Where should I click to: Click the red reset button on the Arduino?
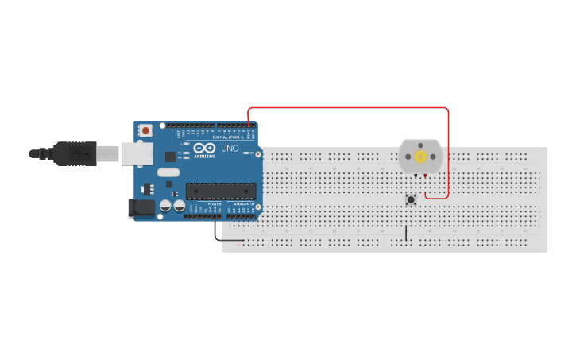145,130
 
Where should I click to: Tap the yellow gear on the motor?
420,157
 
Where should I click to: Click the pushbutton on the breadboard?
411,199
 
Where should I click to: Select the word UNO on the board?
230,148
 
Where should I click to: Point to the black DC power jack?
141,208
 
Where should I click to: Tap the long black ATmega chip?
221,191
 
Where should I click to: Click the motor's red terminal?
427,176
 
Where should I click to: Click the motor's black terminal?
414,176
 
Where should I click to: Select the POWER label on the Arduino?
215,204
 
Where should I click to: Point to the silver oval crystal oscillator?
168,172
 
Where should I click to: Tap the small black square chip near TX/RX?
170,157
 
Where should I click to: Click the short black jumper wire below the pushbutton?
406,233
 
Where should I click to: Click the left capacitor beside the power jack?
165,206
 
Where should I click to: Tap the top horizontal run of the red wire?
350,108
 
